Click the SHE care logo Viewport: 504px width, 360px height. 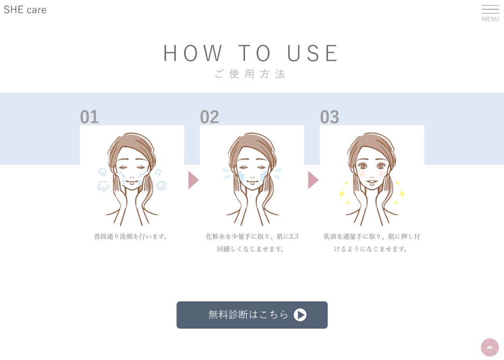click(x=25, y=10)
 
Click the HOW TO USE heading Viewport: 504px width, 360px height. click(x=250, y=53)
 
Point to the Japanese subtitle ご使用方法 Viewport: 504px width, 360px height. click(x=250, y=74)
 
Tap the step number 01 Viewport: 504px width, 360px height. click(x=90, y=117)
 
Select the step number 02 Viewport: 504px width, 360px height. click(x=209, y=117)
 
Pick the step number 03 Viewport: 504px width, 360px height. click(x=329, y=117)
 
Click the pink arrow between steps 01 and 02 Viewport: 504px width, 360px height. click(x=194, y=180)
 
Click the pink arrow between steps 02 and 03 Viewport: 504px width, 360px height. click(x=313, y=180)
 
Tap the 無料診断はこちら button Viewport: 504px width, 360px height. click(x=252, y=315)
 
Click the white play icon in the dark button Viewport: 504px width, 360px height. click(x=300, y=315)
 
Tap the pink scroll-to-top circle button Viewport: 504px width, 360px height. click(x=490, y=347)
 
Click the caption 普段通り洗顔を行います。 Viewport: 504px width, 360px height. click(x=131, y=237)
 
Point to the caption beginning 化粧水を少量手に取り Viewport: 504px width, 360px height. click(x=252, y=243)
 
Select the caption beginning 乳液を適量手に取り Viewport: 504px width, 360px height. click(x=372, y=243)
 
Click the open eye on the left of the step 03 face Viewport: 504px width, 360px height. click(x=362, y=166)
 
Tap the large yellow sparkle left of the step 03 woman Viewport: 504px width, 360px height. click(x=342, y=193)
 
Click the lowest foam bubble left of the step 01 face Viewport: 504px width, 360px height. click(x=103, y=186)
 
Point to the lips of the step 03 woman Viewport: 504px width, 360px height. click(x=372, y=182)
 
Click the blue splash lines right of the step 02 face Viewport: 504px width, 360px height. click(x=277, y=174)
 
